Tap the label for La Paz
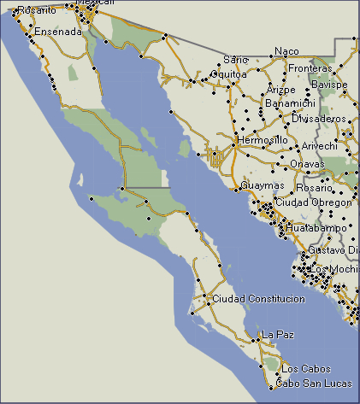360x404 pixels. click(x=280, y=334)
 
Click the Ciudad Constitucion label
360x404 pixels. click(x=257, y=299)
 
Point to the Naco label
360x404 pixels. click(x=286, y=51)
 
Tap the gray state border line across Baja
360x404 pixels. click(x=145, y=187)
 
